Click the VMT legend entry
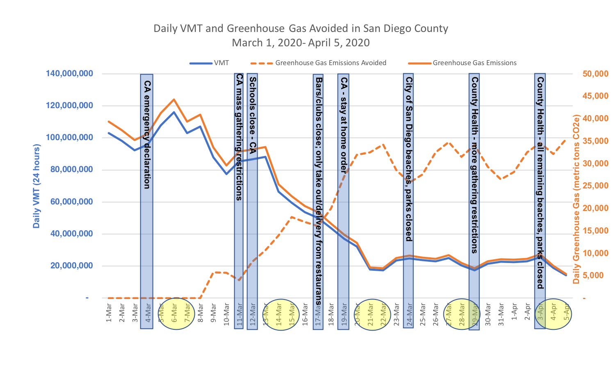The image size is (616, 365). coord(221,63)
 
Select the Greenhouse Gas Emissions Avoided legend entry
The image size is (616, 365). coord(330,63)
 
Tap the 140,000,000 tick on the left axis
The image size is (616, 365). coord(69,74)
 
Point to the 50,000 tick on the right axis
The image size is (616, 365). coord(595,74)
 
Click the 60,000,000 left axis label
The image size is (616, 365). coord(71,202)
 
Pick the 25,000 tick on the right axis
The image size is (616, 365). coord(595,186)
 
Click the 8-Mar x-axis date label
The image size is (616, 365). coord(201,313)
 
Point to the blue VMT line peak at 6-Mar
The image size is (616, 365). coord(174,112)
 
